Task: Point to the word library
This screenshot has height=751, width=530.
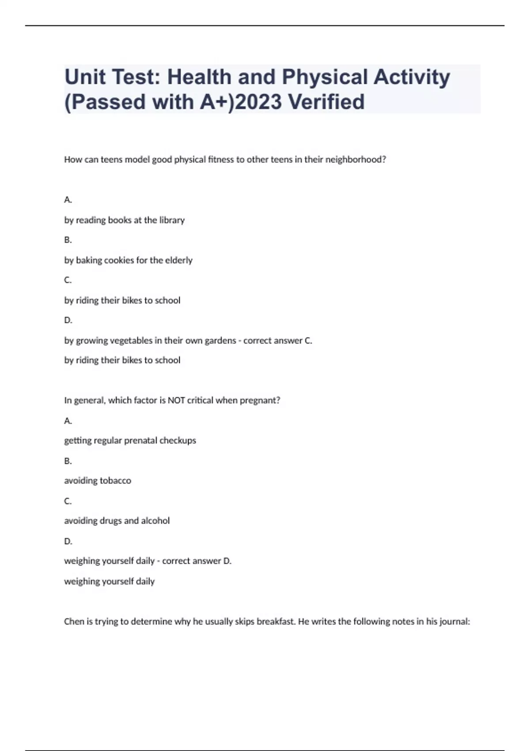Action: (x=172, y=220)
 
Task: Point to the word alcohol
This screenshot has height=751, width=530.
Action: (x=155, y=521)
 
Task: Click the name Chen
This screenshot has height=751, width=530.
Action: (x=74, y=622)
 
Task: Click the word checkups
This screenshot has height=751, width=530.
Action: (x=178, y=440)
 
